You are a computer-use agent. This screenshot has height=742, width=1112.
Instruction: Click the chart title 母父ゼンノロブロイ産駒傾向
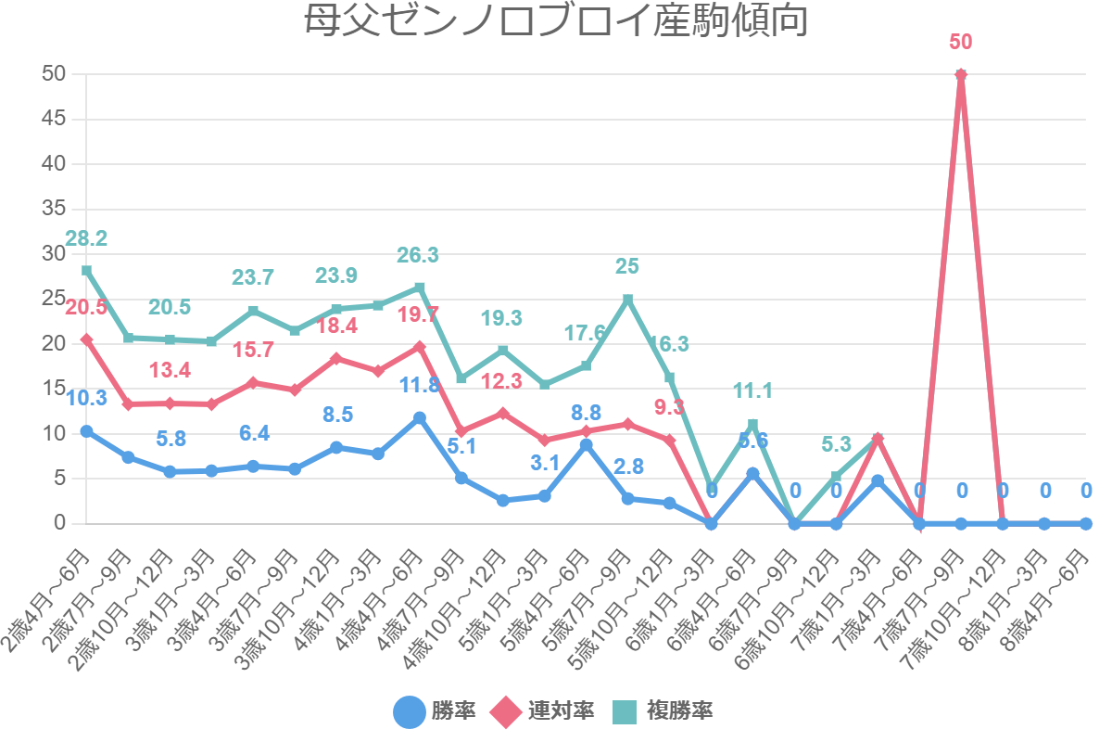click(556, 21)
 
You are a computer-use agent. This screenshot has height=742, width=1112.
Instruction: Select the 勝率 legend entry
click(435, 711)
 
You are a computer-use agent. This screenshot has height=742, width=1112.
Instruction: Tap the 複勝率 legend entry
click(663, 711)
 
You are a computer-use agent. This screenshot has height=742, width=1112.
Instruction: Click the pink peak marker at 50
click(961, 75)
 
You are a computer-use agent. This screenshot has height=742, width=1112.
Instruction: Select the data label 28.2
click(86, 238)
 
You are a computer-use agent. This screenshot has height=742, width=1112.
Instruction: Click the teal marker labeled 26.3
click(420, 288)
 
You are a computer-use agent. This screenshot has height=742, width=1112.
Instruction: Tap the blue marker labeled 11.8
click(420, 418)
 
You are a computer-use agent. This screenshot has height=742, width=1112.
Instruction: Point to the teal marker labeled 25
click(628, 300)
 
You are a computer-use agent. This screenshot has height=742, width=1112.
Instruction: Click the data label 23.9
click(336, 276)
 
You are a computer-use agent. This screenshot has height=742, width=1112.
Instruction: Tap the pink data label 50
click(961, 43)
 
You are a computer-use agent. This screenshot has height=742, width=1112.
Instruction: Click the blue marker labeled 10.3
click(86, 431)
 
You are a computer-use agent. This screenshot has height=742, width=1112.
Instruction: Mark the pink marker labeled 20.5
click(86, 340)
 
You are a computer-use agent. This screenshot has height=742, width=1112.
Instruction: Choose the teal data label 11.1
click(752, 390)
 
